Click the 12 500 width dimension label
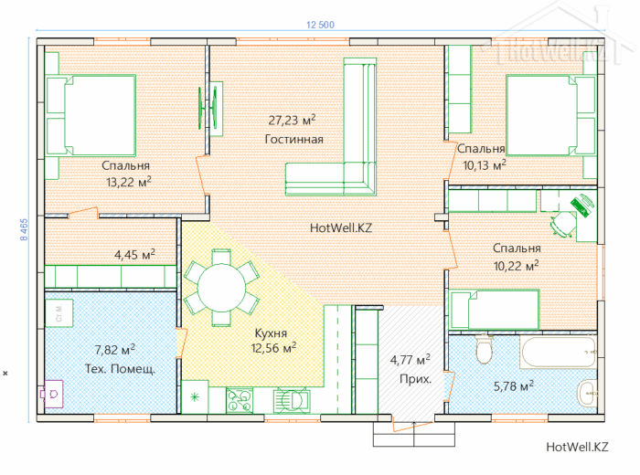pyautogui.click(x=320, y=25)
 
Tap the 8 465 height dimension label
pyautogui.click(x=24, y=229)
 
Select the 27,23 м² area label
pyautogui.click(x=292, y=121)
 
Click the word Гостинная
pyautogui.click(x=293, y=139)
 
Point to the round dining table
pyautogui.click(x=221, y=288)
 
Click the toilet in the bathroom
pyautogui.click(x=484, y=349)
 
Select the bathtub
pyautogui.click(x=559, y=352)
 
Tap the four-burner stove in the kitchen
pyautogui.click(x=240, y=400)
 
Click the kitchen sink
pyautogui.click(x=292, y=400)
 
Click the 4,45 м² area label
pyautogui.click(x=134, y=255)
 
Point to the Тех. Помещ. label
pyautogui.click(x=120, y=369)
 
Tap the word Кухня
pyautogui.click(x=271, y=333)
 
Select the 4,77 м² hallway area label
pyautogui.click(x=411, y=360)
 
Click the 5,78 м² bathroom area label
pyautogui.click(x=514, y=385)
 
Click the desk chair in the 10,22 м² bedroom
pyautogui.click(x=562, y=224)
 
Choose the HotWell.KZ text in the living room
pyautogui.click(x=341, y=227)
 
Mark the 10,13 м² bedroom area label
pyautogui.click(x=485, y=165)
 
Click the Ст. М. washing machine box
pyautogui.click(x=59, y=313)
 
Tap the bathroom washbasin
pyautogui.click(x=588, y=393)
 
